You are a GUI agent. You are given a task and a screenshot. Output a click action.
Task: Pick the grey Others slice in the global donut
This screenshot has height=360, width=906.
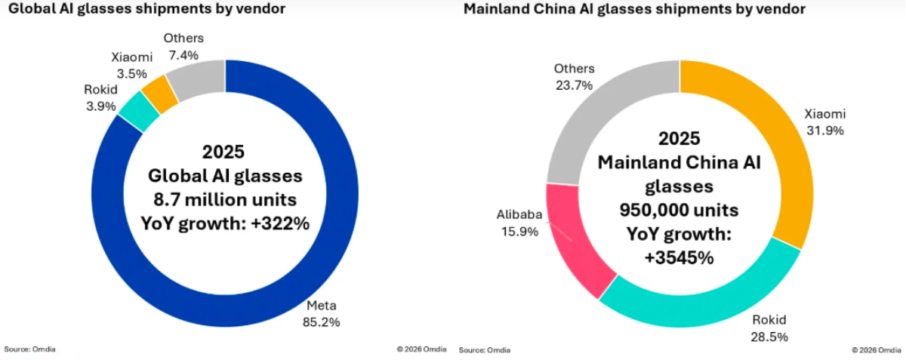pyautogui.click(x=198, y=77)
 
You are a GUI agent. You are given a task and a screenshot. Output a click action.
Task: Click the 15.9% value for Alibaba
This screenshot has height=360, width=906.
pyautogui.click(x=519, y=232)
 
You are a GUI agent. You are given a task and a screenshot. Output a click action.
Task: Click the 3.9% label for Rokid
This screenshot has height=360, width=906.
pyautogui.click(x=100, y=106)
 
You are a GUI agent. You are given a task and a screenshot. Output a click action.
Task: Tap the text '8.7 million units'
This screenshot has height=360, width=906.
pyautogui.click(x=223, y=199)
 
